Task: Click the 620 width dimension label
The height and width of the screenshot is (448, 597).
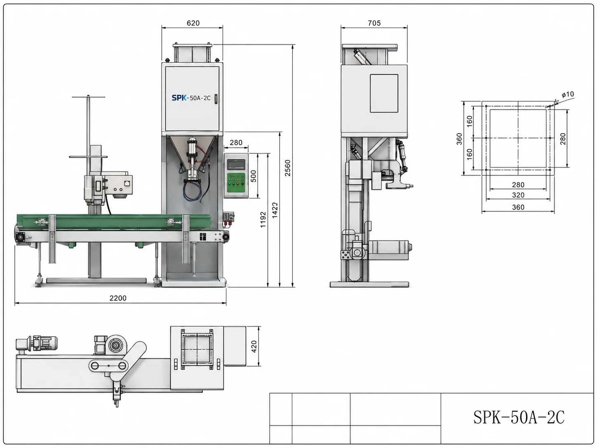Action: coord(193,23)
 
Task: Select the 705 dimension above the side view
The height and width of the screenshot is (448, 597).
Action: coord(374,23)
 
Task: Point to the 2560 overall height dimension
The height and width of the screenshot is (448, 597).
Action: coord(288,168)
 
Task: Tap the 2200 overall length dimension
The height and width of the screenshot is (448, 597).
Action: coord(118,298)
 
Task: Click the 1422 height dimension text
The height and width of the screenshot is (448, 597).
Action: coord(275,210)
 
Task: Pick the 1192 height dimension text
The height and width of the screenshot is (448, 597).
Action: coord(263,219)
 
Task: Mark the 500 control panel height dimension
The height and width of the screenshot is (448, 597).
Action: coord(253,176)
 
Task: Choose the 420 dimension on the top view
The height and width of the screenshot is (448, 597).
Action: coord(254,347)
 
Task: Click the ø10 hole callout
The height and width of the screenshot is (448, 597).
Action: coord(568,94)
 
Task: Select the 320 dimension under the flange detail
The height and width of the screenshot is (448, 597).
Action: coord(518,195)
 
